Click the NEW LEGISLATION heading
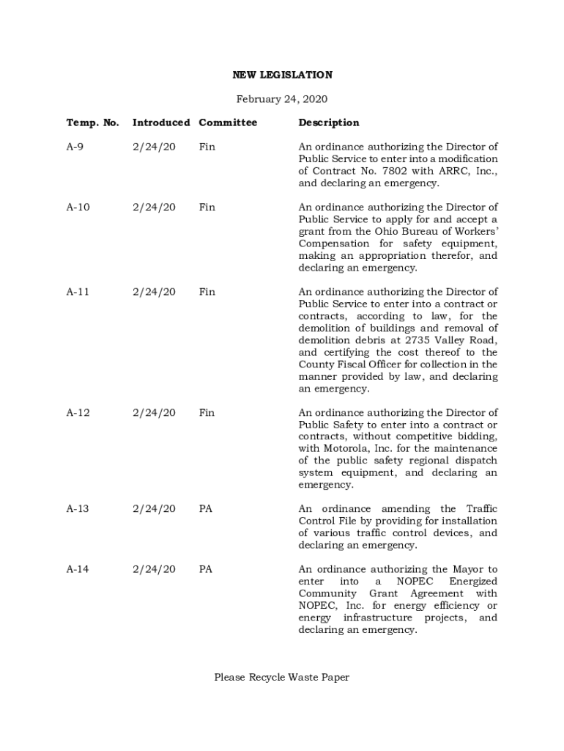pyautogui.click(x=282, y=75)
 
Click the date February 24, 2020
pyautogui.click(x=282, y=99)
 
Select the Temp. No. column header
pyautogui.click(x=92, y=122)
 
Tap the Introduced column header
pyautogui.click(x=161, y=122)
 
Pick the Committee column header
pyautogui.click(x=228, y=122)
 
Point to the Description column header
pyautogui.click(x=329, y=122)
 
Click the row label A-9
pyautogui.click(x=75, y=147)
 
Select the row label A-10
pyautogui.click(x=78, y=208)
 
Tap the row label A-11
pyautogui.click(x=78, y=292)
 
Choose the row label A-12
pyautogui.click(x=78, y=413)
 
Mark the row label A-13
pyautogui.click(x=78, y=509)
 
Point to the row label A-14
pyautogui.click(x=78, y=569)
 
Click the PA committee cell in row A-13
pyautogui.click(x=205, y=509)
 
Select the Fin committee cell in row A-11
pyautogui.click(x=207, y=292)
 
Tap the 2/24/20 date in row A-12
pyautogui.click(x=154, y=413)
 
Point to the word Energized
pyautogui.click(x=472, y=582)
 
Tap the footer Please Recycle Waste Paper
pyautogui.click(x=282, y=677)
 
